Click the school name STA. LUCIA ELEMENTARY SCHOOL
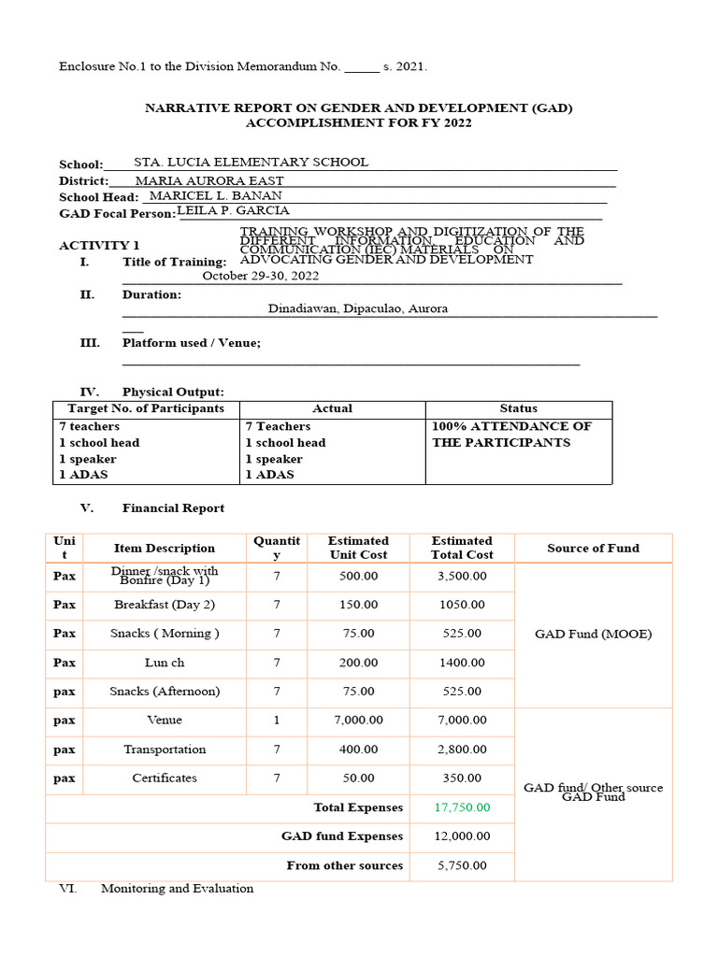251,163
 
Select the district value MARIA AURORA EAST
209,180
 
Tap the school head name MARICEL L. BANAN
215,196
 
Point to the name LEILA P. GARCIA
233,211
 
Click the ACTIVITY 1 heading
92,245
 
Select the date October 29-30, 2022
261,277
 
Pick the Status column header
518,408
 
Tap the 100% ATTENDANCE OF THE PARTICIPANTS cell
511,435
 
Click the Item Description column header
165,548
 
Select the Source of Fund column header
593,548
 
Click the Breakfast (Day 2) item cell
165,605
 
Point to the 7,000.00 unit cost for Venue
358,721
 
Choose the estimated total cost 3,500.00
462,576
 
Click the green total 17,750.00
462,807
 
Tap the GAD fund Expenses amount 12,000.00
462,836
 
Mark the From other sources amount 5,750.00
462,865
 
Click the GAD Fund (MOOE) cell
593,634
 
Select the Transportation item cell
165,750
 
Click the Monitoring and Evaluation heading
177,889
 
